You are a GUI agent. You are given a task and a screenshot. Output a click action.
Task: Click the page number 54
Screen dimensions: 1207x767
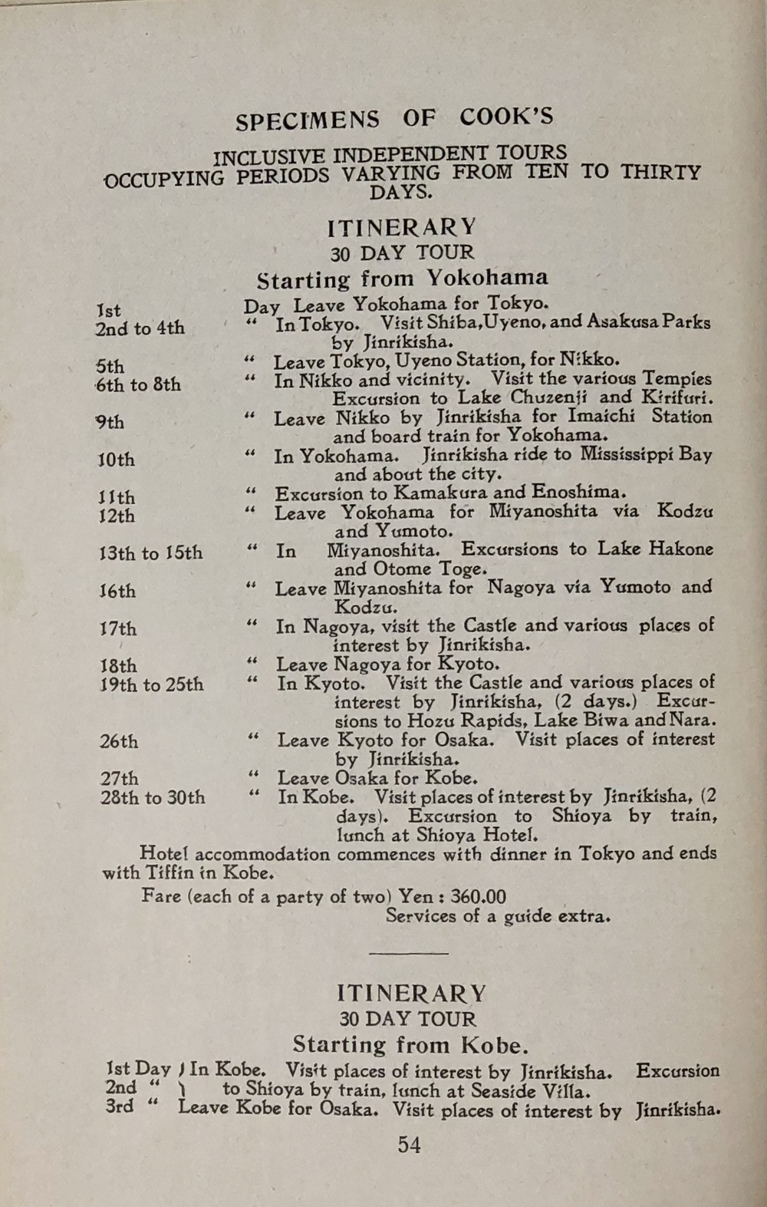(x=409, y=1145)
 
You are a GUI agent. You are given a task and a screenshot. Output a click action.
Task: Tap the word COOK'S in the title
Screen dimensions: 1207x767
(x=506, y=117)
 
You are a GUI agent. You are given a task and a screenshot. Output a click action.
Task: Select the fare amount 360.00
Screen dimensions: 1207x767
(x=478, y=896)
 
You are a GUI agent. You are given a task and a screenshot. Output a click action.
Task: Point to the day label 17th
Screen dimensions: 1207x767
(x=117, y=628)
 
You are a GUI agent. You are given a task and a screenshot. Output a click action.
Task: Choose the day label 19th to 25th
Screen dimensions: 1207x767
(x=151, y=684)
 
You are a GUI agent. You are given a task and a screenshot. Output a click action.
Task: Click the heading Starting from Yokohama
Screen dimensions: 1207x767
(x=403, y=278)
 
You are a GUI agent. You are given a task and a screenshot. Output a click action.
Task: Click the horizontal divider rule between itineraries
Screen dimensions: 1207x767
(x=409, y=953)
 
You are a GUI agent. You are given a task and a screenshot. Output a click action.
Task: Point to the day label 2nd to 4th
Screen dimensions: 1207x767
(x=140, y=328)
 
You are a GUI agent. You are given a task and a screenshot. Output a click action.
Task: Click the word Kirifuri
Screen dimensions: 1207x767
(x=676, y=397)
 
